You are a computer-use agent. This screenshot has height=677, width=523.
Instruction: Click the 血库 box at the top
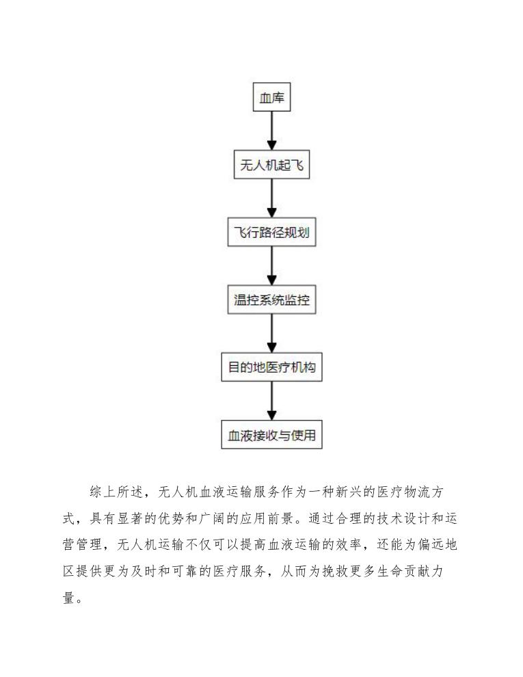[271, 98]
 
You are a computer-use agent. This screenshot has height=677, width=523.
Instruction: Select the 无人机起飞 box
[271, 165]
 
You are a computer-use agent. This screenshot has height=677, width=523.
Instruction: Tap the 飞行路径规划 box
[271, 233]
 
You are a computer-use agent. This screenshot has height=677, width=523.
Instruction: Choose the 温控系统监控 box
[271, 300]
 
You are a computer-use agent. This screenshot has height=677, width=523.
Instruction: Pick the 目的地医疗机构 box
[271, 368]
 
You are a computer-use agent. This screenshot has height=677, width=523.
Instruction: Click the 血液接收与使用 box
[271, 435]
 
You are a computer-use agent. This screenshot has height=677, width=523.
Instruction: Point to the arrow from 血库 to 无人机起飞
[271, 131]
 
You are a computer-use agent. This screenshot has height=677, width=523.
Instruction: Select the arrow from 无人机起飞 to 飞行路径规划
[271, 199]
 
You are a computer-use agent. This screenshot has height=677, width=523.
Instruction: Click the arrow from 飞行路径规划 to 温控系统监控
[271, 267]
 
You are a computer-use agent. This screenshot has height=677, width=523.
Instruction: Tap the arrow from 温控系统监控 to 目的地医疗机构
[271, 334]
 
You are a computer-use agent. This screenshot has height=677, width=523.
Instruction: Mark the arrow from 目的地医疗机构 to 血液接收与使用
[271, 401]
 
